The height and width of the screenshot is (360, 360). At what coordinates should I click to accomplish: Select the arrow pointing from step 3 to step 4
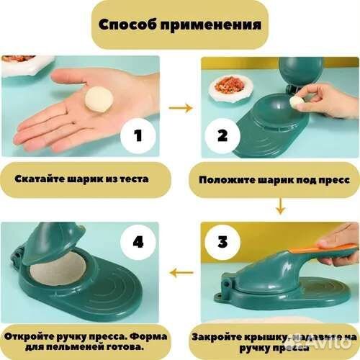tap(181, 271)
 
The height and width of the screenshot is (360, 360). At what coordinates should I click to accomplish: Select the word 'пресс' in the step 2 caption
tap(326, 179)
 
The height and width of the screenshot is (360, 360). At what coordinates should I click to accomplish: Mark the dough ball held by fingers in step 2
tap(296, 103)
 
